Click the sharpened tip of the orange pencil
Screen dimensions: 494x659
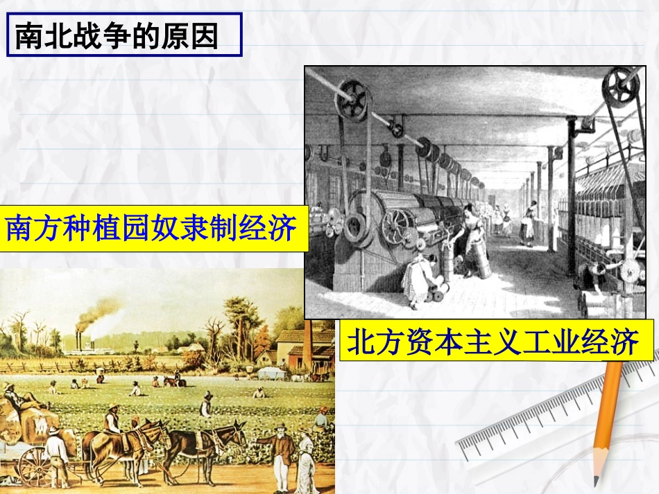[x=596, y=479]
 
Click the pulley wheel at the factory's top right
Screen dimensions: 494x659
[x=620, y=87]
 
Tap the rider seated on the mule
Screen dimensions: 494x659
[x=112, y=421]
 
